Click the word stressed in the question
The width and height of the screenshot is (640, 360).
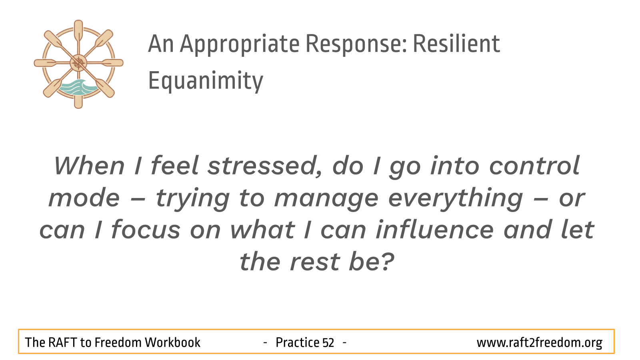tap(265, 166)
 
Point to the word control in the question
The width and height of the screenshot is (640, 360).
tap(534, 166)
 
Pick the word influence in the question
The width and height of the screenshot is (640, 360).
tap(434, 230)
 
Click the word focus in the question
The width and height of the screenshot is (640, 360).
tap(146, 230)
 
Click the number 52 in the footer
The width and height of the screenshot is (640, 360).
tap(328, 342)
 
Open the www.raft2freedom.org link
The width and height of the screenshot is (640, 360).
tap(540, 343)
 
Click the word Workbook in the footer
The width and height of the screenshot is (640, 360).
tap(172, 342)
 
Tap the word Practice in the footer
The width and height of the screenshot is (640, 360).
tap(297, 342)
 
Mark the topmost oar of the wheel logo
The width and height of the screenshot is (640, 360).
tap(78, 32)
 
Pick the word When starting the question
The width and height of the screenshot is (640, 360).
tap(90, 166)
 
